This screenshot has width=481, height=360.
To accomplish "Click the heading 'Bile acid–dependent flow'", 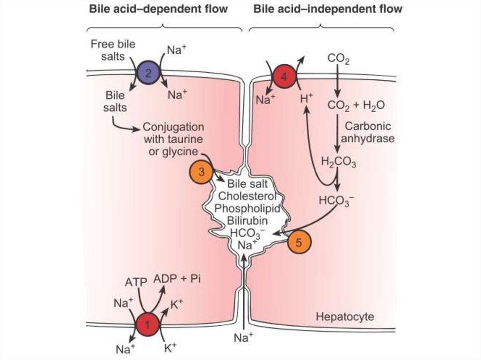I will tap(158, 9).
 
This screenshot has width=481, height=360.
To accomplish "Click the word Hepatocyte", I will tap(345, 317).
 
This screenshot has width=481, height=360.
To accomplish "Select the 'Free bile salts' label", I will tap(113, 50).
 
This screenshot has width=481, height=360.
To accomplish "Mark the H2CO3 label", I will tap(338, 162).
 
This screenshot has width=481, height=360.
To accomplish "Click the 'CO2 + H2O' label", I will tap(356, 106).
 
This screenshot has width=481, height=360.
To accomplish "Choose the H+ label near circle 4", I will tap(306, 100).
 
